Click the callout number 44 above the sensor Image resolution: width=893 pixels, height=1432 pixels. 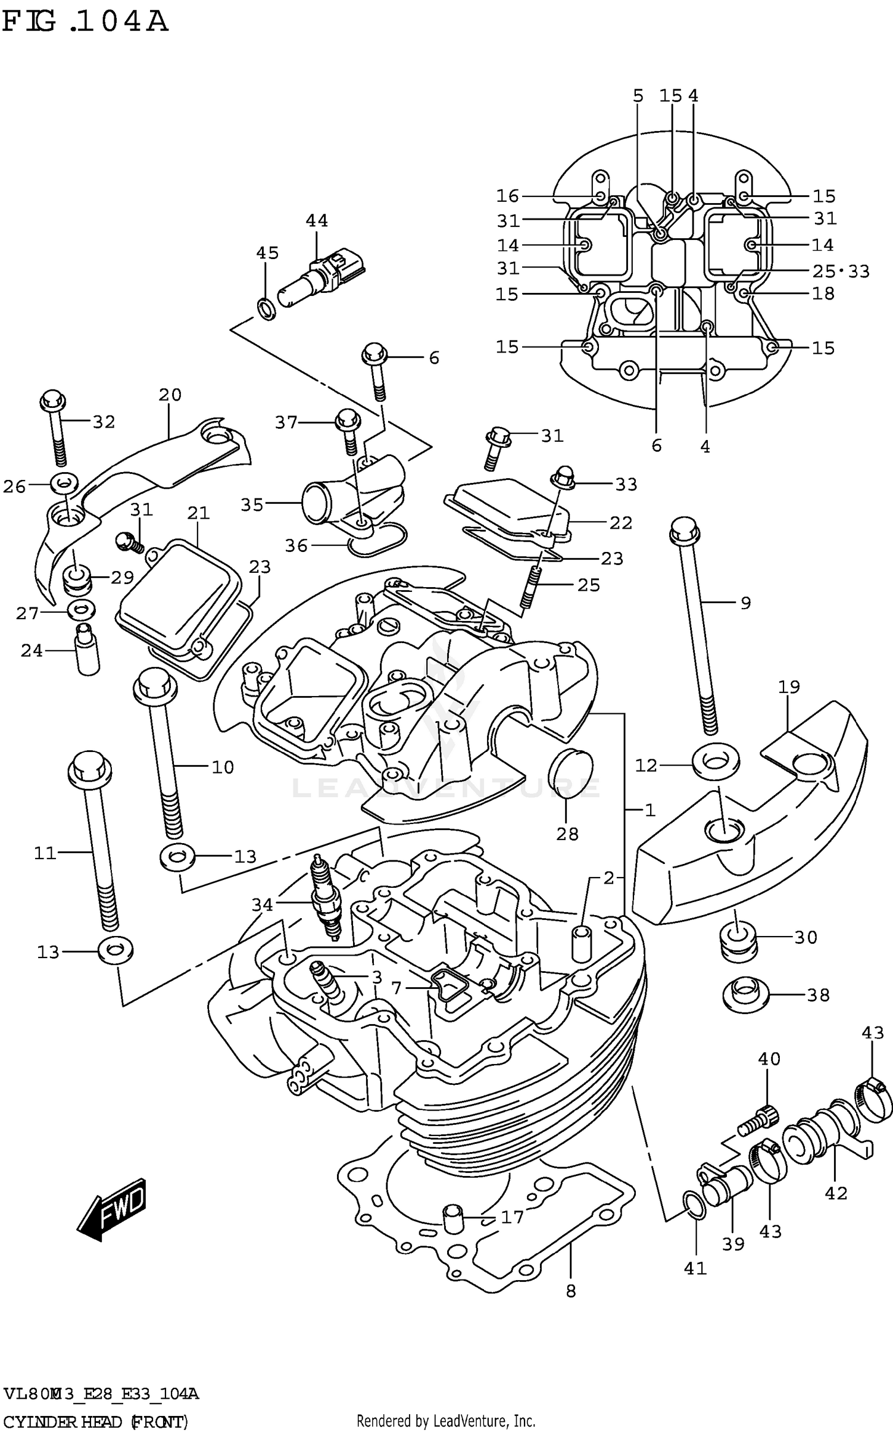click(317, 221)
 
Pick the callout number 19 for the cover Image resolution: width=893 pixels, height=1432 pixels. click(789, 687)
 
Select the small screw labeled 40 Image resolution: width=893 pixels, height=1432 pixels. click(758, 1121)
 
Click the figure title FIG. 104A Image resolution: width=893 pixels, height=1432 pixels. click(85, 22)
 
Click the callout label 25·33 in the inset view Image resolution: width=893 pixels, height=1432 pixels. click(841, 272)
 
